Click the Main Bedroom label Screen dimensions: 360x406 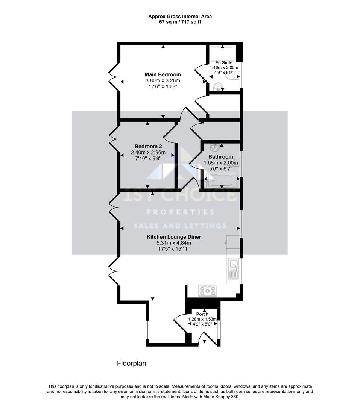point(163,75)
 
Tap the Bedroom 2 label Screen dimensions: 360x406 point(148,147)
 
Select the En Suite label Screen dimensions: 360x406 point(224,63)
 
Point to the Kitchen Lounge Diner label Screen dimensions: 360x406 point(174,237)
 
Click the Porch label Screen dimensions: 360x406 point(202,314)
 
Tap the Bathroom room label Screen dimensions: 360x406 point(221,157)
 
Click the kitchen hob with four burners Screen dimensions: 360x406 point(208,291)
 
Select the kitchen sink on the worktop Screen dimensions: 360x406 point(234,268)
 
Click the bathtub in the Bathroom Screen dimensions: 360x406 point(222,180)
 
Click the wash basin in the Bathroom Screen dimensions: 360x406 point(215,147)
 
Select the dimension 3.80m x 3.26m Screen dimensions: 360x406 point(163,81)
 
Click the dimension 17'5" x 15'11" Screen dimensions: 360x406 point(174,249)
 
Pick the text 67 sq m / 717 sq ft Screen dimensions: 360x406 point(180,22)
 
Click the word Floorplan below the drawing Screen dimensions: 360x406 point(131,364)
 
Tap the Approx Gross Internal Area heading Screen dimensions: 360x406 point(180,16)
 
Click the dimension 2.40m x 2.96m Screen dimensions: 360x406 point(148,153)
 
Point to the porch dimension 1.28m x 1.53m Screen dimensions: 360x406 point(202,319)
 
